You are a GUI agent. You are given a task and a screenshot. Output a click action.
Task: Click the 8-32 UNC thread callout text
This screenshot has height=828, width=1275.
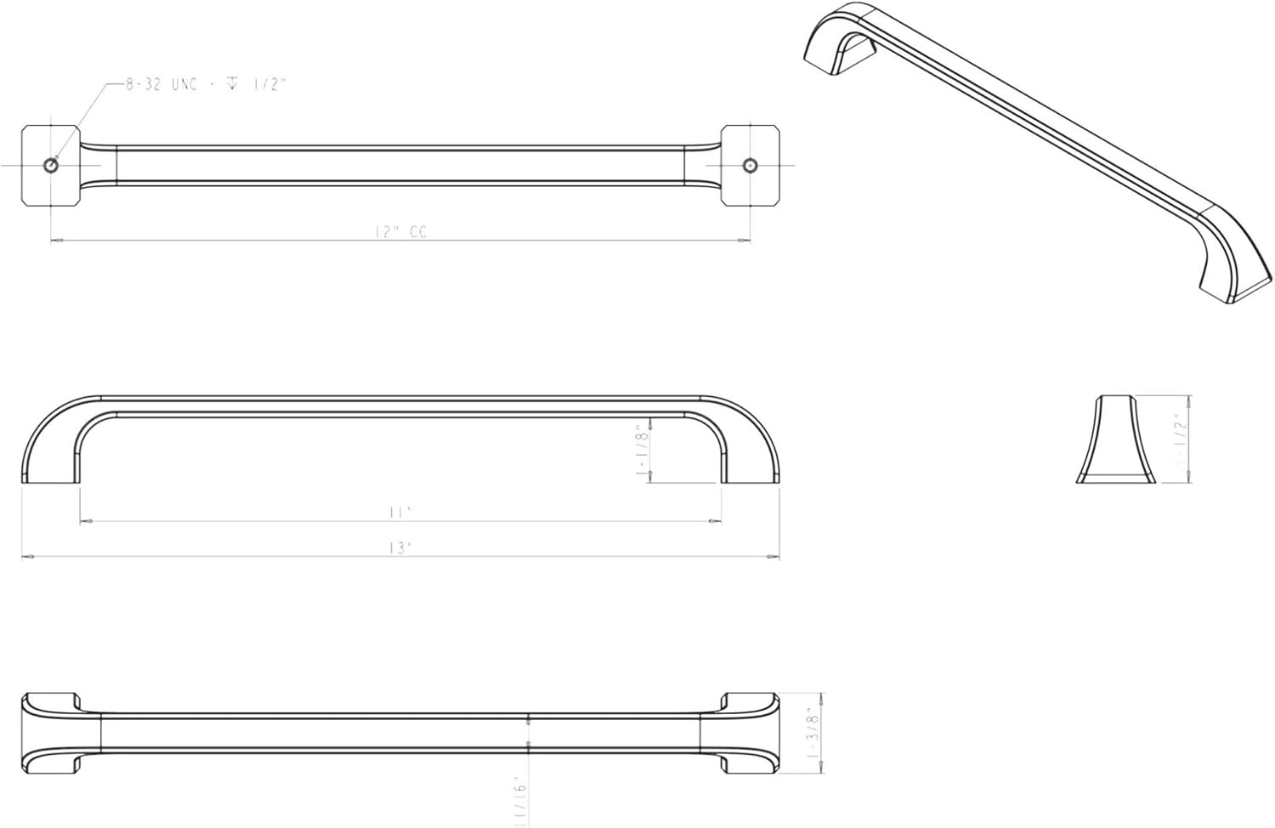click(x=206, y=85)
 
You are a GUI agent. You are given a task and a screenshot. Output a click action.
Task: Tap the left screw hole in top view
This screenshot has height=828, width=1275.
click(x=51, y=165)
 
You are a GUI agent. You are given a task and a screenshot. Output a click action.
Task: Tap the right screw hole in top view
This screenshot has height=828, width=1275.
click(x=750, y=165)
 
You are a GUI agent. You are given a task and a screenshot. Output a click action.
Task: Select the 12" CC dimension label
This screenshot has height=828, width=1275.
click(x=400, y=231)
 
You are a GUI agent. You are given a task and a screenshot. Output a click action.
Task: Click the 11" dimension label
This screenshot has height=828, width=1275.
click(x=399, y=512)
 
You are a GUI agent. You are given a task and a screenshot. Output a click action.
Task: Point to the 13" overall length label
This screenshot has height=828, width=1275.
click(x=399, y=548)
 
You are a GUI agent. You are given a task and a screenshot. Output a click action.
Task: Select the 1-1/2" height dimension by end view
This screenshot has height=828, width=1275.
click(x=1179, y=440)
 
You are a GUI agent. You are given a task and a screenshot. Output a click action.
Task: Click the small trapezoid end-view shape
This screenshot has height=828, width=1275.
click(x=1115, y=440)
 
